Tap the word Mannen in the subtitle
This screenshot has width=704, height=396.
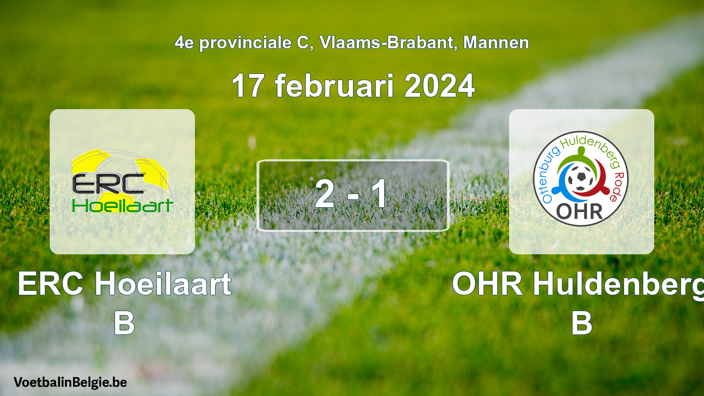coord(496,42)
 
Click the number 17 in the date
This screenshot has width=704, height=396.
coord(247,86)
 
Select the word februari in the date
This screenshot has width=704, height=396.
coord(334,85)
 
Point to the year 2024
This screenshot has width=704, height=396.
coord(440,86)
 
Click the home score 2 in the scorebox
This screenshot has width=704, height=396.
coord(324,194)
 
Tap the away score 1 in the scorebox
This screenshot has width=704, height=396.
coord(379,194)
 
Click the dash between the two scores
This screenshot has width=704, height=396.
coord(353,196)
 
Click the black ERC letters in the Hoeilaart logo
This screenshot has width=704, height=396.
coord(108,184)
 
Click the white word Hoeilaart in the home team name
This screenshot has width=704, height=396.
coord(163,284)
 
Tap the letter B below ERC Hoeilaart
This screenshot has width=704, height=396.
coord(124,323)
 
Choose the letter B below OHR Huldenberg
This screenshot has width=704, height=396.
coord(581,323)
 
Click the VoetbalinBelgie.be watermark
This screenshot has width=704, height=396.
coord(70,382)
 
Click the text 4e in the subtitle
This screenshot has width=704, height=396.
coord(184,42)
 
